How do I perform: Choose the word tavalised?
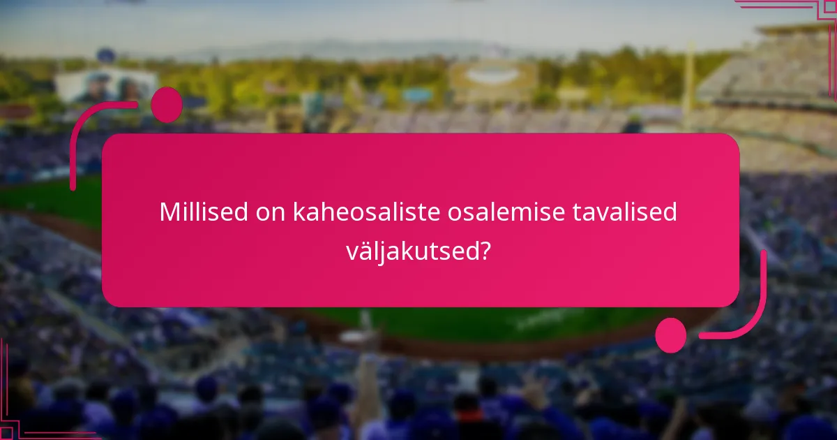tap(625, 212)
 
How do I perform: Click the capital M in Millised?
tap(169, 212)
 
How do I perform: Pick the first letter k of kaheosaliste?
tap(299, 212)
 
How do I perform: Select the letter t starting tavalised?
tap(577, 212)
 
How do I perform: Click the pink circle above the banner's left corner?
tap(166, 105)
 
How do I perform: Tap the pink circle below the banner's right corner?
tap(671, 335)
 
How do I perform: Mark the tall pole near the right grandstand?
tap(688, 84)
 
